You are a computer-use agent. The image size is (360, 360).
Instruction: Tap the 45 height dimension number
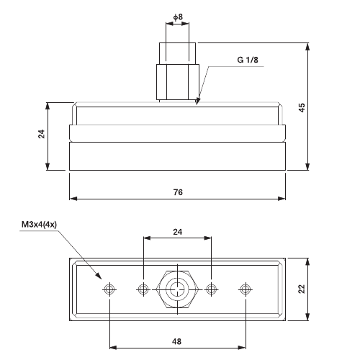tap(302, 107)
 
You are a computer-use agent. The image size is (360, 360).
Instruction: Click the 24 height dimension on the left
tap(42, 134)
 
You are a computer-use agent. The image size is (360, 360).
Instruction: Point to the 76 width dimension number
tap(178, 192)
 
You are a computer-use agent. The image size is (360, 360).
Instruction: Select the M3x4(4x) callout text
tap(42, 225)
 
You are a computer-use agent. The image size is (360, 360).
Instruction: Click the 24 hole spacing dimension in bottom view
tap(177, 232)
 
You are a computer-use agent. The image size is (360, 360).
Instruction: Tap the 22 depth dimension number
tap(302, 289)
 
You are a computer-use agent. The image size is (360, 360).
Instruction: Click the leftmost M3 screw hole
tap(109, 289)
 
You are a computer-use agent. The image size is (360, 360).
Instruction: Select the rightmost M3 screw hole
tap(246, 289)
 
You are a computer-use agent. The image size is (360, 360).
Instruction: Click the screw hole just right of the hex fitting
tap(212, 289)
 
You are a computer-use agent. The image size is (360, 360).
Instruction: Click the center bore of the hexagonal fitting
tap(177, 289)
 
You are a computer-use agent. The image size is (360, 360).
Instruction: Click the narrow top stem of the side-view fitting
tap(177, 53)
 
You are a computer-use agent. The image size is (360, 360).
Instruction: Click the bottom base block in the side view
tap(178, 156)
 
